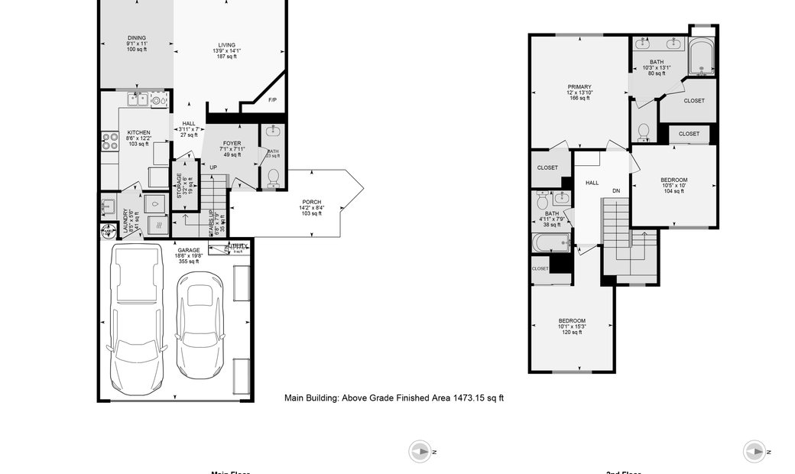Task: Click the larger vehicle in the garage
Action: [x=137, y=318]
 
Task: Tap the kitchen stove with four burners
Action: [x=108, y=141]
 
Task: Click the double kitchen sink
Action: [x=138, y=99]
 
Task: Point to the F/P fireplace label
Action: [x=272, y=100]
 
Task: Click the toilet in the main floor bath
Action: [x=272, y=177]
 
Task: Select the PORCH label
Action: [x=310, y=201]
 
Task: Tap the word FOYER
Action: [x=232, y=143]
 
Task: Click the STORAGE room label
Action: [x=180, y=187]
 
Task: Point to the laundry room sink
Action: [x=109, y=206]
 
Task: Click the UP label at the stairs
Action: [x=213, y=167]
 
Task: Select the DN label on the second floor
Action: [x=615, y=190]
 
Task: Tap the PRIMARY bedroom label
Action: [x=579, y=87]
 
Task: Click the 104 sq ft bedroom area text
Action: [x=673, y=190]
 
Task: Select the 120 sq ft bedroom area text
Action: [x=572, y=333]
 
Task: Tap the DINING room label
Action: [x=136, y=38]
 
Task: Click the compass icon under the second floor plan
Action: [x=754, y=451]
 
